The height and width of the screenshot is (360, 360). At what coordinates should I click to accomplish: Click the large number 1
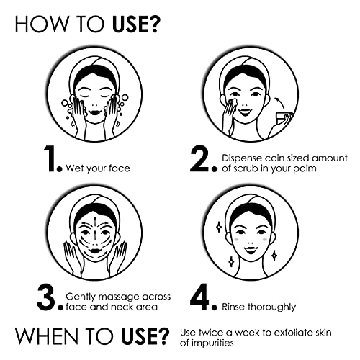click(50, 159)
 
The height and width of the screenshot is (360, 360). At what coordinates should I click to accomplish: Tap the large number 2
click(199, 160)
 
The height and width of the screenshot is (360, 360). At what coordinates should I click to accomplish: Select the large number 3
click(46, 298)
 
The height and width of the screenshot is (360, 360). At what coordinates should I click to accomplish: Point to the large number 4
click(199, 298)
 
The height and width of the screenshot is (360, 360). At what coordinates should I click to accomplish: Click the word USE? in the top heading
click(135, 24)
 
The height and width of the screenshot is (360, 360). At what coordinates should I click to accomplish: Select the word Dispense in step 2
click(242, 158)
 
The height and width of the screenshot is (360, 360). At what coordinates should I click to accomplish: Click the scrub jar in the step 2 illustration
click(284, 118)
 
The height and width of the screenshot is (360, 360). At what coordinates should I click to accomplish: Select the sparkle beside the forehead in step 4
click(219, 227)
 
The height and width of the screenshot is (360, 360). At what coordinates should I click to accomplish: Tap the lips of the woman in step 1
click(94, 112)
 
